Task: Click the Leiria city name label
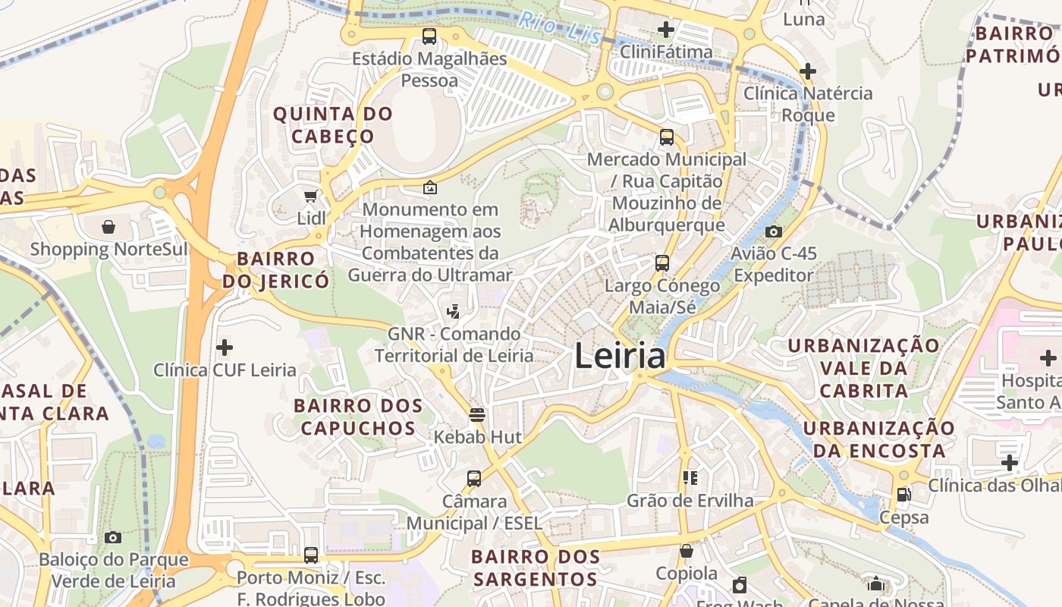[620, 356]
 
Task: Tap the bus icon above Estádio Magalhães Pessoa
[429, 36]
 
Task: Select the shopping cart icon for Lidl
[310, 197]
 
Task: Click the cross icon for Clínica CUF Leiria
[225, 348]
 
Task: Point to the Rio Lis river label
[561, 29]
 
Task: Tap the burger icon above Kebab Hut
[477, 414]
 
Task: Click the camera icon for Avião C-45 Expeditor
[773, 231]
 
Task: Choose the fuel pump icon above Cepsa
[903, 495]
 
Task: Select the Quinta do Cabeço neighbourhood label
[333, 125]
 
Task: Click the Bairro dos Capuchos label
[358, 417]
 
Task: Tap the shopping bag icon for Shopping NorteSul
[108, 227]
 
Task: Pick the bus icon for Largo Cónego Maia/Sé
[662, 263]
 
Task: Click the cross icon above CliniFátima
[666, 30]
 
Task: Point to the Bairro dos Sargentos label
[536, 568]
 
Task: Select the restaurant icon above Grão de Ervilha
[690, 478]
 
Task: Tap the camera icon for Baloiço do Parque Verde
[113, 538]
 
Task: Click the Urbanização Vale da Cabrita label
[864, 368]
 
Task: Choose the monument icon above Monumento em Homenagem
[430, 187]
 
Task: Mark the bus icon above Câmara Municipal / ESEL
[474, 479]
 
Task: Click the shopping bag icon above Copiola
[687, 551]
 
